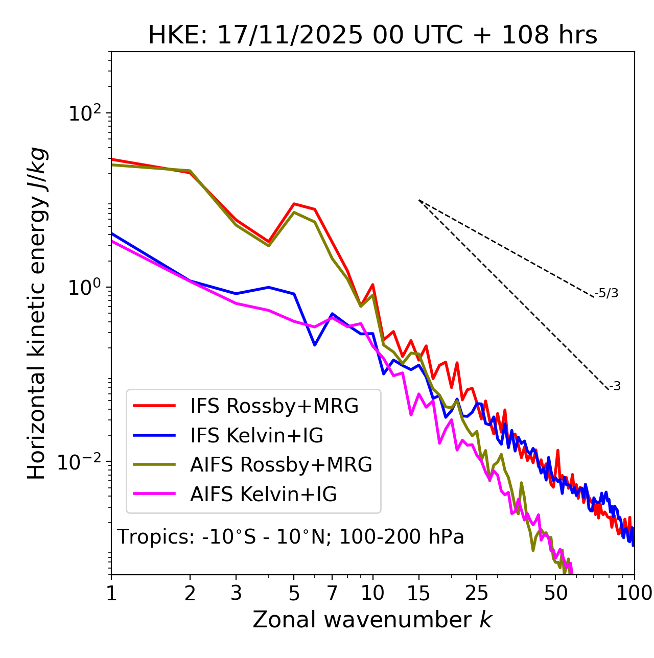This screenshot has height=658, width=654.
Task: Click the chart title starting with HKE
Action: [372, 36]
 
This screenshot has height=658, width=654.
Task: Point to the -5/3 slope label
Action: [606, 294]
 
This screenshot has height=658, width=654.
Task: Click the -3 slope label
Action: [615, 387]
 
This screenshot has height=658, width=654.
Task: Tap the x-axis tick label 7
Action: [332, 593]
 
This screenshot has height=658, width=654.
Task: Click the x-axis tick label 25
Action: [477, 593]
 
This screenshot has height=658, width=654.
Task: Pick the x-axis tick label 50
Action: [556, 593]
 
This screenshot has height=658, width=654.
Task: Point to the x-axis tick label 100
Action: [635, 593]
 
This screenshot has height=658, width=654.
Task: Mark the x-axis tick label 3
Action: [236, 593]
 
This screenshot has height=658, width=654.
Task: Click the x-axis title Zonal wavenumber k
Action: [372, 620]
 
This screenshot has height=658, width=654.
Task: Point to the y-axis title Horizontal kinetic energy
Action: [37, 313]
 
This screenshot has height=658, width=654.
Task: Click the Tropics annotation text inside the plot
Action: [290, 537]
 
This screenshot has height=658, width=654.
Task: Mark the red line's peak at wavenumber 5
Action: [294, 204]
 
